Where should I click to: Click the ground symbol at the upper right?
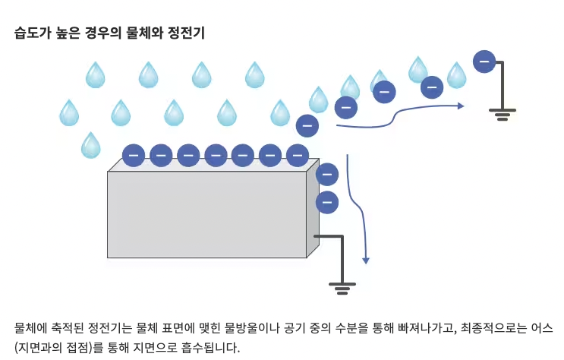502,114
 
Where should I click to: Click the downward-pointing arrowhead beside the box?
366,260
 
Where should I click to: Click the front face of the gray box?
206,214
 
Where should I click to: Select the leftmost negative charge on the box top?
134,155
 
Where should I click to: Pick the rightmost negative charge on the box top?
297,155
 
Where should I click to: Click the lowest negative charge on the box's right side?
327,202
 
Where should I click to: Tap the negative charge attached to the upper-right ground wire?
484,61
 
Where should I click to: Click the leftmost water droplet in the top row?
95,75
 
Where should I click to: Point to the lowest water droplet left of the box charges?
90,145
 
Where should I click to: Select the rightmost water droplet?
456,75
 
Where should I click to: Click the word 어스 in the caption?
544,329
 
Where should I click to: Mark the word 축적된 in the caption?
72,329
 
